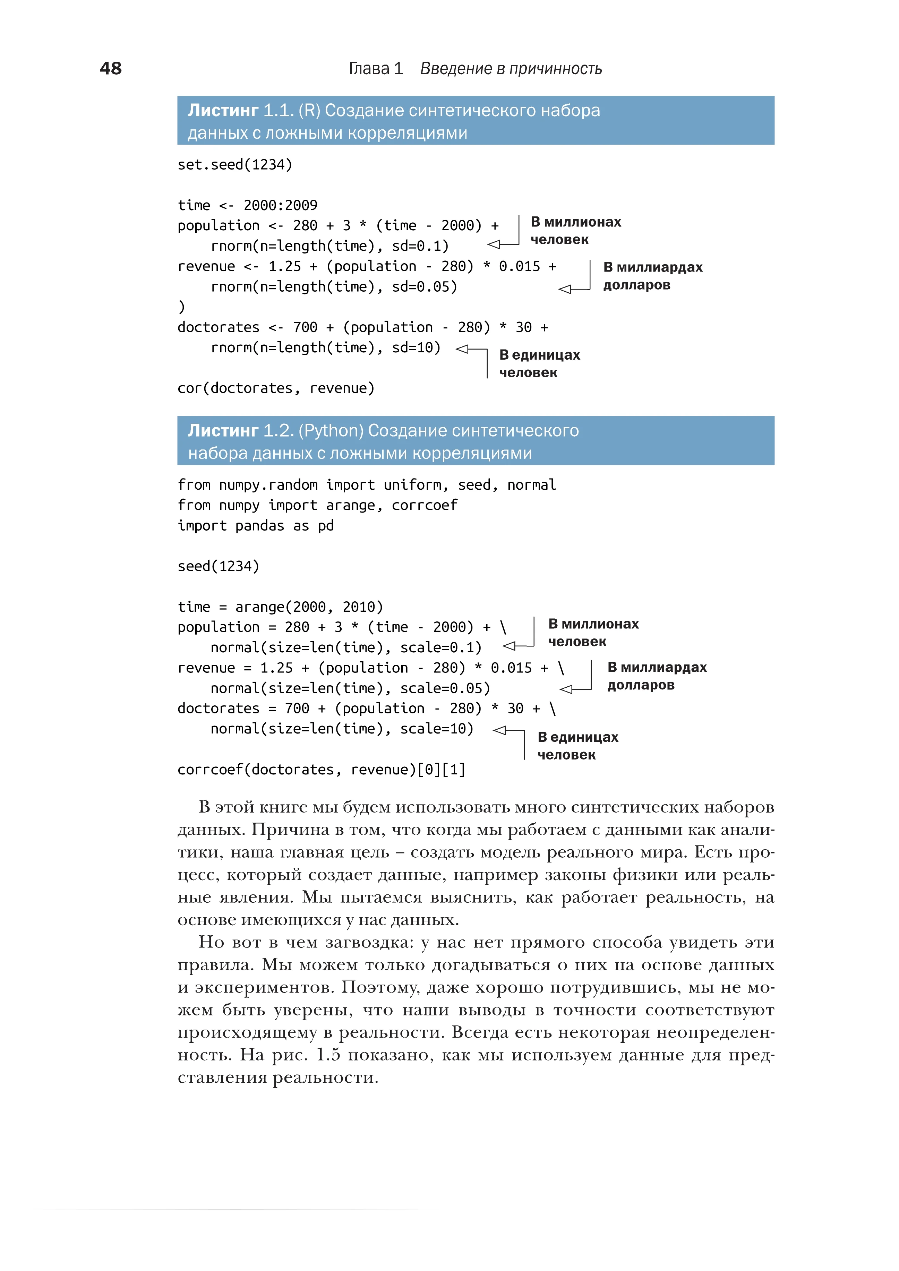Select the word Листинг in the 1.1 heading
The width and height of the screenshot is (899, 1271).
[223, 110]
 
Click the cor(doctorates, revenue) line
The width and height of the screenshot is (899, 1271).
[276, 388]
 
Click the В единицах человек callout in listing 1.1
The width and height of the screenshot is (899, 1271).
[539, 364]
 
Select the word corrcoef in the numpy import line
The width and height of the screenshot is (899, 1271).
[424, 505]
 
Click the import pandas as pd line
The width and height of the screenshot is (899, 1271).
[255, 525]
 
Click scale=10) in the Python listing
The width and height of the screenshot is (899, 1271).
[436, 729]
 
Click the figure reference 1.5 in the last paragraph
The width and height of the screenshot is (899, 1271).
[328, 1055]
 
